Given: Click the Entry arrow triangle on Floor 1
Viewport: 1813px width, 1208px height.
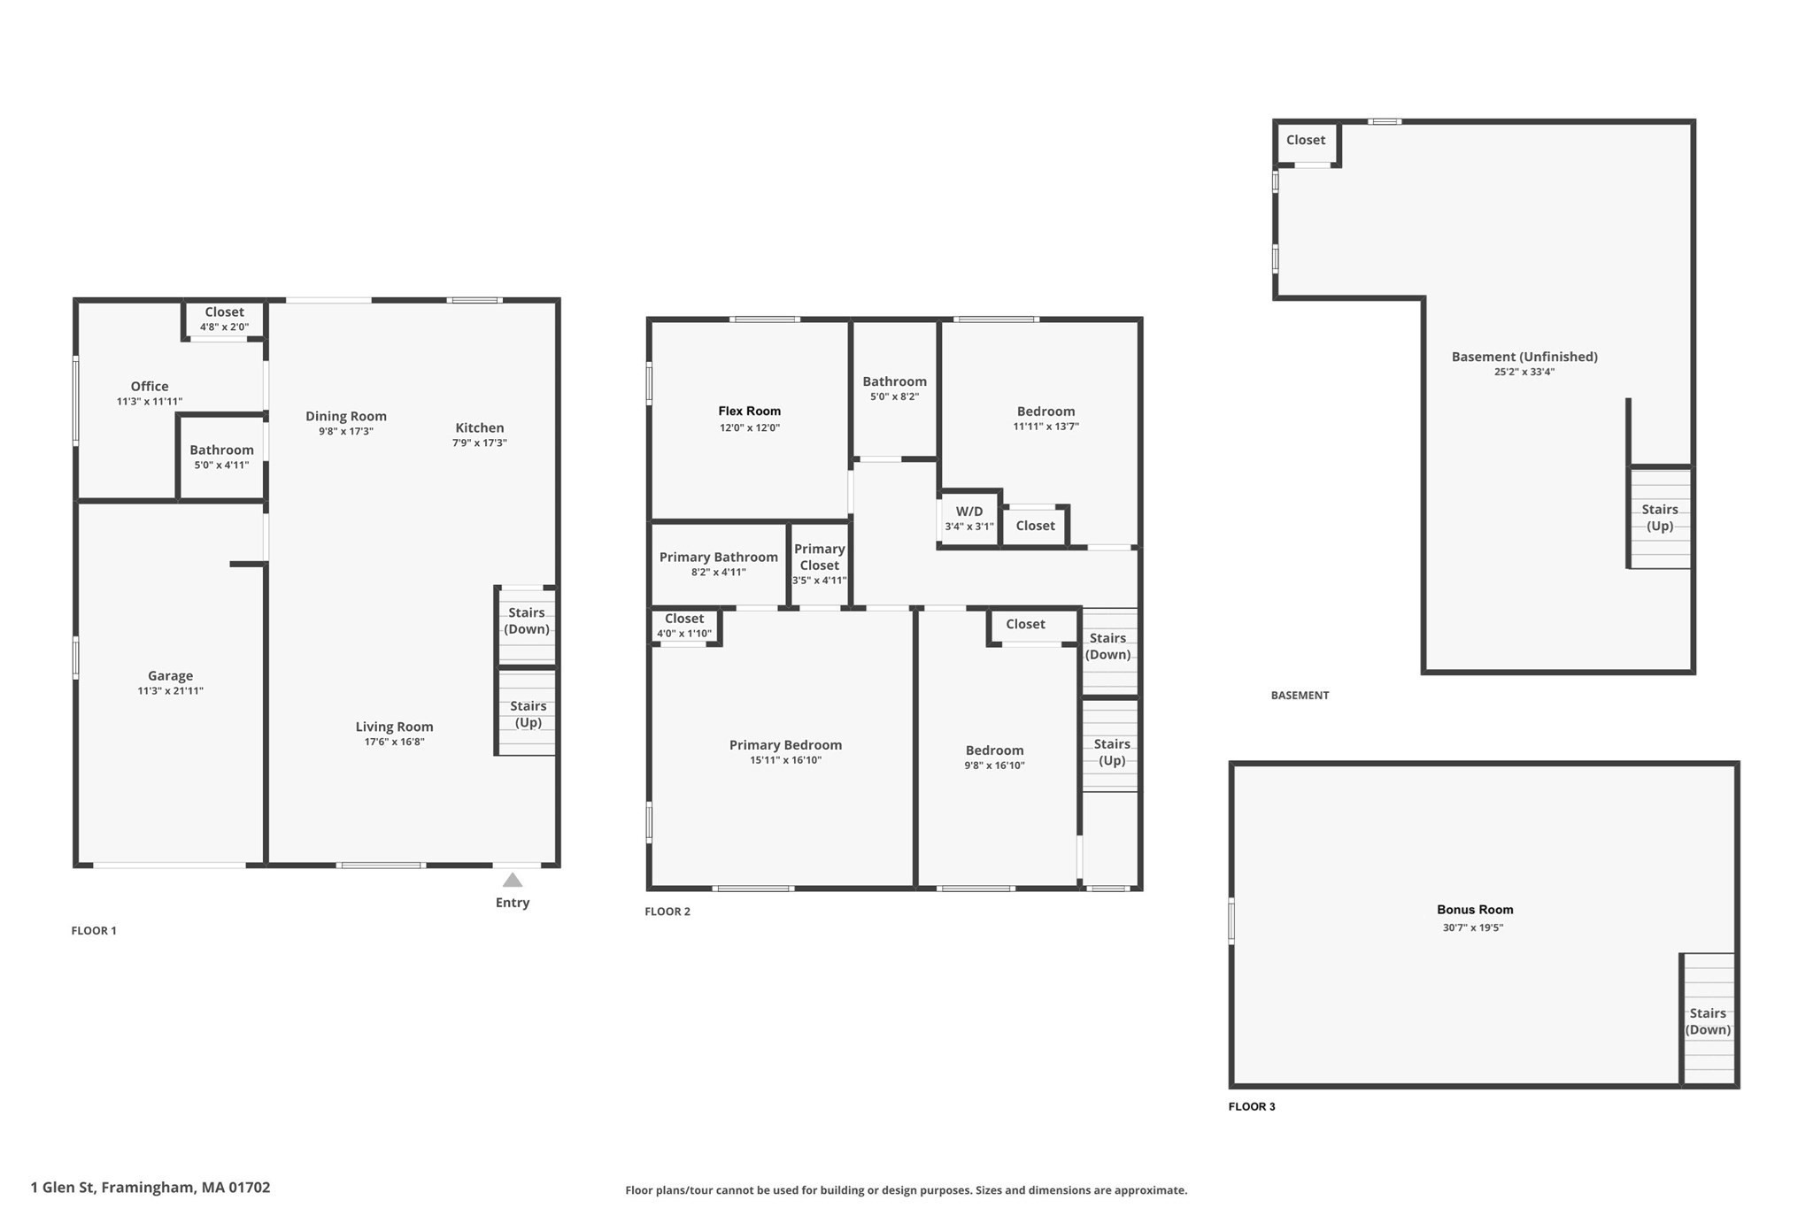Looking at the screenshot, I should tap(513, 880).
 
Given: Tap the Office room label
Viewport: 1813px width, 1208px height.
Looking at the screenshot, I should tap(150, 386).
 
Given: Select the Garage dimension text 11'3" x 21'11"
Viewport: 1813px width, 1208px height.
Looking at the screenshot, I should tap(170, 691).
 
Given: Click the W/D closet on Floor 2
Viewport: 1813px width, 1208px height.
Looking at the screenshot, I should tap(969, 519).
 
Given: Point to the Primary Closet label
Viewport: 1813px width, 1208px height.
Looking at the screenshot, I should tap(819, 557).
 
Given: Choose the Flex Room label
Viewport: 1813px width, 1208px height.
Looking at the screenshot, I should tap(749, 411).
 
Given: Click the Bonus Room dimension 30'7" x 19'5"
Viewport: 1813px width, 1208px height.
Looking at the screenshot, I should tap(1473, 927).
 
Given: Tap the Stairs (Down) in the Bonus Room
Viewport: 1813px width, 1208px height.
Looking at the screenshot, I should tap(1708, 1021).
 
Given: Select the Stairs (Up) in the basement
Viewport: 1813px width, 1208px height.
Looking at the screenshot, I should tap(1660, 518).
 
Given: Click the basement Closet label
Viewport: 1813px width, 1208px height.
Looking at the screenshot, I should tap(1306, 140).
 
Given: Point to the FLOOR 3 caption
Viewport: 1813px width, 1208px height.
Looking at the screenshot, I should tap(1252, 1106).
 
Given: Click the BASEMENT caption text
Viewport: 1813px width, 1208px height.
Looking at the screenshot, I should tap(1300, 696).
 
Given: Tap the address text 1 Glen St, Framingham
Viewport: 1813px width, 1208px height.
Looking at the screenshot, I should tap(150, 1188).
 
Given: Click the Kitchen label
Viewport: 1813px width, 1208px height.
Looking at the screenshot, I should tap(480, 427).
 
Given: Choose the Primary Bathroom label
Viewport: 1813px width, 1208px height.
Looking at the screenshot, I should tap(718, 557).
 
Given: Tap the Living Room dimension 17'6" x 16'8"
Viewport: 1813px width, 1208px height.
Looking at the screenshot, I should tap(394, 742).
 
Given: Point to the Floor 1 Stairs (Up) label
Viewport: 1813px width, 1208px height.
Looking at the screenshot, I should tap(528, 714).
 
